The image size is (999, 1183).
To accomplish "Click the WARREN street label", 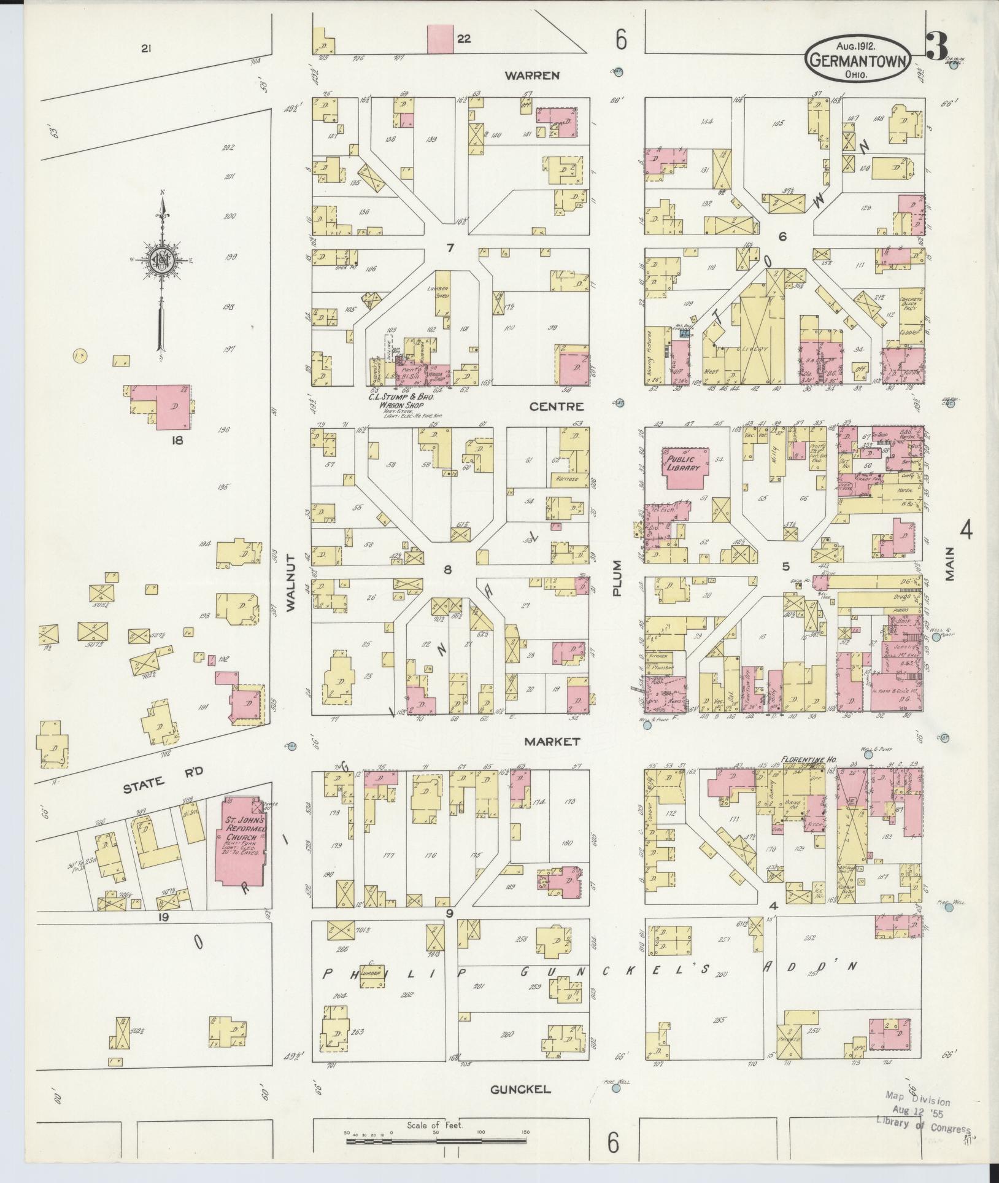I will pyautogui.click(x=532, y=76).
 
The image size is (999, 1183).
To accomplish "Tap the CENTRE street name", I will pyautogui.click(x=557, y=406).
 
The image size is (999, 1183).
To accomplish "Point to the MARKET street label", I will pyautogui.click(x=552, y=742).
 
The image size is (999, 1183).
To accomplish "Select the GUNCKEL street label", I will pyautogui.click(x=520, y=1090).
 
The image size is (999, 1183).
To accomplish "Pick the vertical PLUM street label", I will pyautogui.click(x=617, y=578).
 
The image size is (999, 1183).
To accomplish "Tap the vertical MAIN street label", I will pyautogui.click(x=951, y=563).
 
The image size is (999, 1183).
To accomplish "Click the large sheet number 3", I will pyautogui.click(x=937, y=47).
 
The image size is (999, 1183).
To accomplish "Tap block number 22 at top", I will pyautogui.click(x=463, y=39).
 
